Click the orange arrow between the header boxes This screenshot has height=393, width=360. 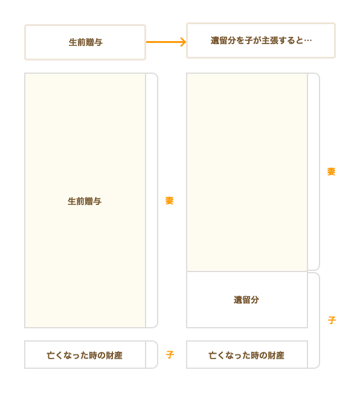coord(166,42)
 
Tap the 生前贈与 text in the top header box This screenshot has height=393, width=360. coord(86,42)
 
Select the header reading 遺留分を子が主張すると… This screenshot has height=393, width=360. coord(261,41)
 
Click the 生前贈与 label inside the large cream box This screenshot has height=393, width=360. coord(85,201)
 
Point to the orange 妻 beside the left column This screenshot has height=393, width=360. coord(170,201)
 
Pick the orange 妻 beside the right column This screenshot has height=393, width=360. coord(331,172)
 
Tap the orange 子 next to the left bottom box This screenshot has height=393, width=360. coord(170,355)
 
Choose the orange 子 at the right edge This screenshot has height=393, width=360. coord(332,320)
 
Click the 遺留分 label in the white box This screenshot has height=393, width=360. coord(246,300)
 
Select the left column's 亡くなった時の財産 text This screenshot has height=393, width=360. coord(85,355)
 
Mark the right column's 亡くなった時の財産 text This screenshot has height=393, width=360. coord(246,355)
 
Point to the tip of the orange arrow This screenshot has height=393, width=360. coord(186,42)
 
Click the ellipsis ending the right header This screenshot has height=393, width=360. coord(307,41)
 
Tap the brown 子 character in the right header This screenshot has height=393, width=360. coord(249,41)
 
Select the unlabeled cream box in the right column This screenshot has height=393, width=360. coord(247,172)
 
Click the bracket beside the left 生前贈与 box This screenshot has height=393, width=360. coord(158,201)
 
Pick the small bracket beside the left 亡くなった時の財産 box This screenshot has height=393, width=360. coord(158,355)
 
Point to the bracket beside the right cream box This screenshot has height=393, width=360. coord(320,172)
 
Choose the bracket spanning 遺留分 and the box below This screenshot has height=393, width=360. coord(320,320)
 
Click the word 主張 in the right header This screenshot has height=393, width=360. coord(269,41)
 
